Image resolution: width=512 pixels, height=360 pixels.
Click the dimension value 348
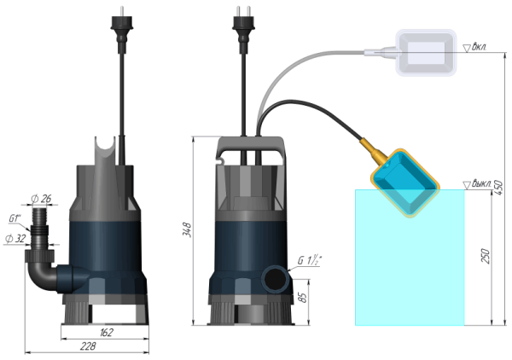tap(186, 231)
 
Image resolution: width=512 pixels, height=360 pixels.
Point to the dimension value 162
tap(107, 332)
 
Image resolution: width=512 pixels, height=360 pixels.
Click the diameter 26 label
tap(42, 200)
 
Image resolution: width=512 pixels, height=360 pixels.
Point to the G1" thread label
tap(15, 218)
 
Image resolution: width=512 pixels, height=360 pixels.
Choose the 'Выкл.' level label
tap(481, 183)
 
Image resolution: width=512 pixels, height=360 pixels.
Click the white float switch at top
tap(426, 52)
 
